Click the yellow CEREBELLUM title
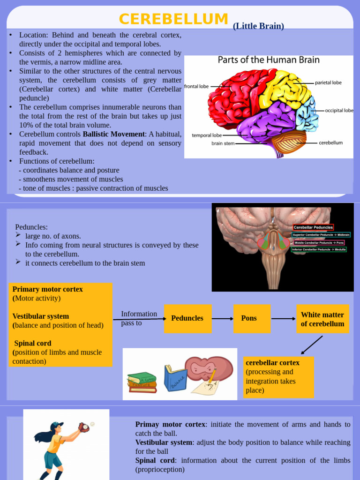[x=173, y=19]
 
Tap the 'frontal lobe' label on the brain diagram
[x=196, y=86]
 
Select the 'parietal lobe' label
[x=328, y=83]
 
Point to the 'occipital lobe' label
[x=339, y=111]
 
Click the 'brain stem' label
[x=223, y=143]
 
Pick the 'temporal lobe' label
[x=207, y=135]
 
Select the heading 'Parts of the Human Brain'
[x=269, y=60]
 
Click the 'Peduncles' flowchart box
[x=187, y=318]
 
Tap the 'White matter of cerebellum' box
[x=322, y=319]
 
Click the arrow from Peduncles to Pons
[x=222, y=319]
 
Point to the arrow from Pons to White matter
[x=283, y=319]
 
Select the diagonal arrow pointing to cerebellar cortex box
[x=311, y=345]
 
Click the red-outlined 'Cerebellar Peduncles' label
[x=313, y=227]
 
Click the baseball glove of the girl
[x=84, y=427]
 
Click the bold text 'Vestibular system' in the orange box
[x=41, y=316]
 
